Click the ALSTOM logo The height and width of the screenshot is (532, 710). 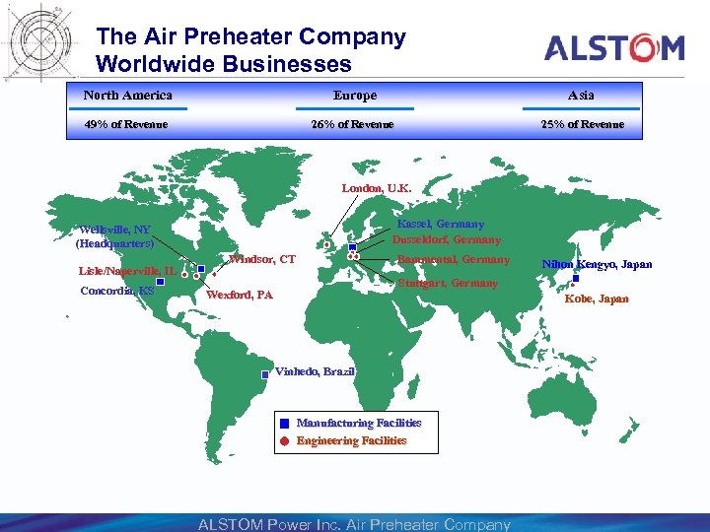coord(614,47)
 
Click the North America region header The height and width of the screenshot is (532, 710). coord(127,96)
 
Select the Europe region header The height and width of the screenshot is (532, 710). coord(354,96)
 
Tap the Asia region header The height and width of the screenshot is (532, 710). coord(581,96)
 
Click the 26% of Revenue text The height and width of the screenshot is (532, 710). coord(353,124)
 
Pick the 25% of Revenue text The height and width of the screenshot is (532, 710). coord(582,124)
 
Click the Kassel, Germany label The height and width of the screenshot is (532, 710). coord(441,225)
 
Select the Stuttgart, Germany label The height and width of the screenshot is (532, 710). coord(448,283)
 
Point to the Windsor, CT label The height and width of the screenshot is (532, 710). coord(261,260)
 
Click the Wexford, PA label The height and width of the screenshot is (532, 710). coord(240,295)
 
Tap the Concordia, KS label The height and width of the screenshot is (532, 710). coord(117,291)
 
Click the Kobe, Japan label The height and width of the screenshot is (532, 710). coord(597,298)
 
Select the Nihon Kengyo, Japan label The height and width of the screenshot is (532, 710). coord(598,264)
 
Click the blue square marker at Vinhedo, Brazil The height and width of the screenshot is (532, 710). coord(265,374)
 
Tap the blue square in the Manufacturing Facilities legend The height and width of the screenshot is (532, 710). coord(284,424)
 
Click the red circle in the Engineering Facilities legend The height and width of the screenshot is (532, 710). coord(284,441)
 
